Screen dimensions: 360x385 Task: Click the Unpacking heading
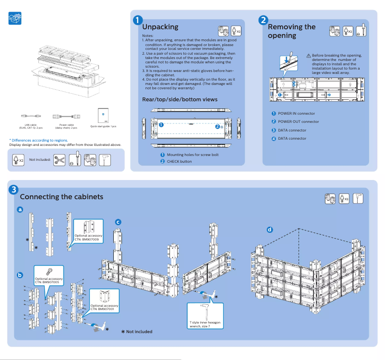coord(160,27)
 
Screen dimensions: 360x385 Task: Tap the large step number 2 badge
coord(263,20)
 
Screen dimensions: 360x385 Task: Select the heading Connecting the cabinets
coord(61,197)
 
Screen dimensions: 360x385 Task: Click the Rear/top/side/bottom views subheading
coord(180,99)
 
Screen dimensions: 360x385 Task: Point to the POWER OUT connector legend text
coord(298,121)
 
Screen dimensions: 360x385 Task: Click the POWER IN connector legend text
coord(296,113)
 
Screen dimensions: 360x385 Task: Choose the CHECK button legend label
coord(179,161)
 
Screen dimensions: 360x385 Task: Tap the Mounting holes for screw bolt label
coord(192,155)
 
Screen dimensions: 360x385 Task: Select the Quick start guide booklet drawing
coord(103,115)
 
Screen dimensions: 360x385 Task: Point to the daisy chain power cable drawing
coord(66,116)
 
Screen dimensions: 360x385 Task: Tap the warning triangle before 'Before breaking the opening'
coord(309,56)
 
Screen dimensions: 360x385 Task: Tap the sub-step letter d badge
coord(269,229)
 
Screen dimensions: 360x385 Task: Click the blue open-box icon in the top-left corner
coord(15,19)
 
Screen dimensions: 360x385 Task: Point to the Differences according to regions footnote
coord(38,140)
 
